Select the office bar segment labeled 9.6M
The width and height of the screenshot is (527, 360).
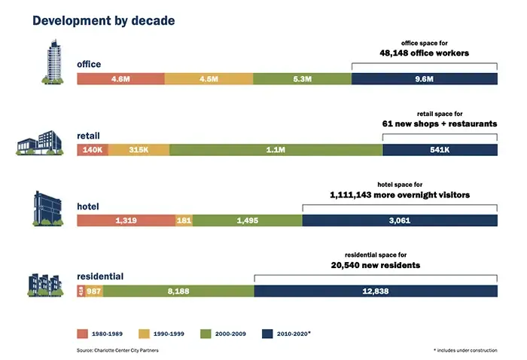click(424, 79)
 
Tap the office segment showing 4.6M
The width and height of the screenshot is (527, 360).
click(120, 79)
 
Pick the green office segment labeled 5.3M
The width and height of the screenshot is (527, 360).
click(302, 79)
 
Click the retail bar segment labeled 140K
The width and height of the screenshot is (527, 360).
click(93, 150)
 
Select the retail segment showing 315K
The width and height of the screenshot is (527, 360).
click(139, 150)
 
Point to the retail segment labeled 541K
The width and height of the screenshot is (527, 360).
click(440, 150)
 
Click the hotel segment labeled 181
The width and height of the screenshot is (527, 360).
click(184, 220)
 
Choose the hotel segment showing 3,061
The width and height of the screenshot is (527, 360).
click(400, 220)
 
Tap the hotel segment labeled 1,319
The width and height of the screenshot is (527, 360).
click(126, 220)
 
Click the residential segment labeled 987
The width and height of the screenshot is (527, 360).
click(94, 291)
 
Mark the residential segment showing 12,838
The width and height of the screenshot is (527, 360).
click(376, 291)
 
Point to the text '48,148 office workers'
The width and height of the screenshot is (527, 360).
click(424, 53)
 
